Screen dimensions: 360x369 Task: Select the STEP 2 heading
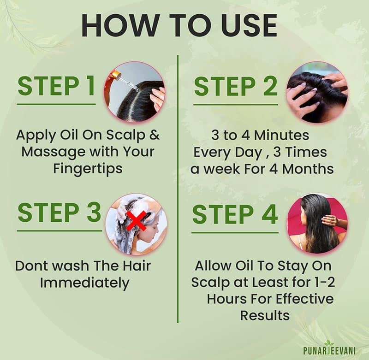[236, 86]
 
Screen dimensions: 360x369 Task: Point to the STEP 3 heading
[59, 212]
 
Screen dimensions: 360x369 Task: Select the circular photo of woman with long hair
[318, 224]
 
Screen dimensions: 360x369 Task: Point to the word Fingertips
[88, 168]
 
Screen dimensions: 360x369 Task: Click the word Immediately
[84, 283]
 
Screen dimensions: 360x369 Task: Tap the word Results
[264, 315]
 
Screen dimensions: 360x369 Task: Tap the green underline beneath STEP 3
[59, 230]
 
